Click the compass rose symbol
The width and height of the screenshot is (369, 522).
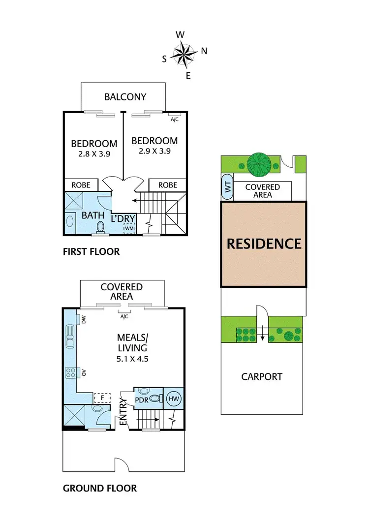click(x=184, y=54)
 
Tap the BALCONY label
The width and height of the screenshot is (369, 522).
click(x=125, y=96)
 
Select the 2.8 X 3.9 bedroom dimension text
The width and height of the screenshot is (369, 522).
click(x=94, y=154)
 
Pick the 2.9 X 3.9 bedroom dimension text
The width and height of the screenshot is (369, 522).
click(x=154, y=151)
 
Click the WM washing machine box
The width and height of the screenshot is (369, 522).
click(x=129, y=228)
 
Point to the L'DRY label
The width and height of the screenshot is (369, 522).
click(x=123, y=217)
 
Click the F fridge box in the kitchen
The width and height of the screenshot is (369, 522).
click(x=102, y=398)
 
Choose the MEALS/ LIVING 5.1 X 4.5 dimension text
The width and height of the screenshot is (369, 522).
click(x=132, y=359)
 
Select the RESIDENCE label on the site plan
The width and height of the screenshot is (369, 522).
click(x=264, y=244)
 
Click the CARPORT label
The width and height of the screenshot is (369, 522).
click(x=262, y=377)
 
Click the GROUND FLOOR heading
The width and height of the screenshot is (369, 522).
click(x=100, y=489)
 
